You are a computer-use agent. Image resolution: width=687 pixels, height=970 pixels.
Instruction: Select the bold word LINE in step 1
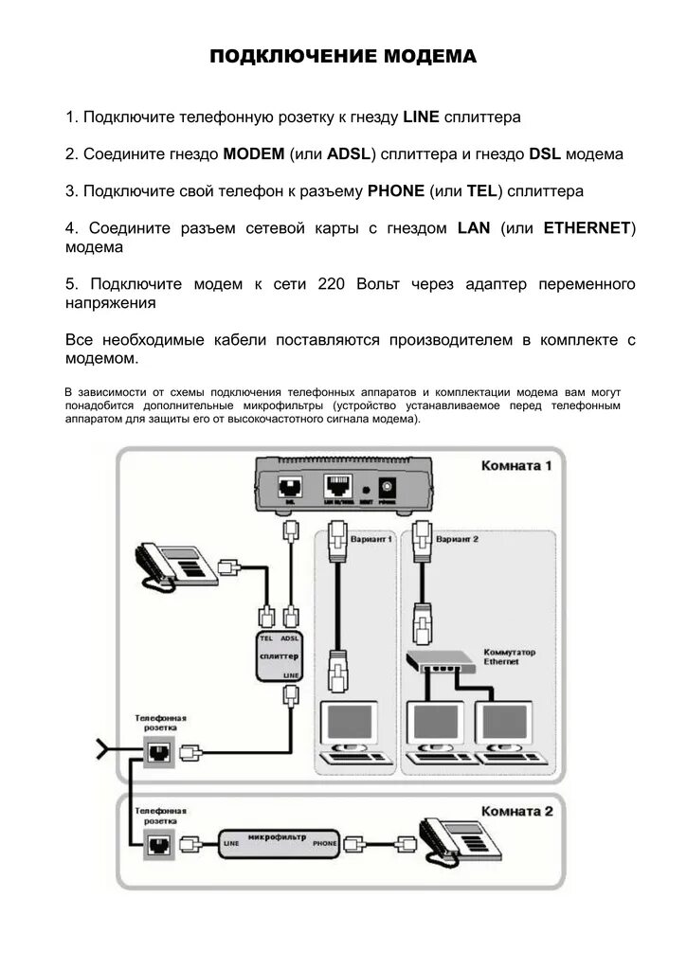(x=421, y=117)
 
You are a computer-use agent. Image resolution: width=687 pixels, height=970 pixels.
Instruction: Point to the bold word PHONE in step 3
(x=395, y=190)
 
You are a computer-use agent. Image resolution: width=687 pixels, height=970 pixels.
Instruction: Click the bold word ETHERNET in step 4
(x=587, y=228)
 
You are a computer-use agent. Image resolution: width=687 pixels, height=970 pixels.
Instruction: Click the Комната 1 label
(x=515, y=466)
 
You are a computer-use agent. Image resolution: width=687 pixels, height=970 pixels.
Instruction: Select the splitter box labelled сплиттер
(x=279, y=656)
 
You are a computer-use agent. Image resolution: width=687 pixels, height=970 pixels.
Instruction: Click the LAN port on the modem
(x=336, y=489)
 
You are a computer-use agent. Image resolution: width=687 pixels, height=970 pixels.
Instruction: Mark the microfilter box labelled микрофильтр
(x=279, y=841)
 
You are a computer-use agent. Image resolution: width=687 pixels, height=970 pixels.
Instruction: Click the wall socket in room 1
(x=157, y=752)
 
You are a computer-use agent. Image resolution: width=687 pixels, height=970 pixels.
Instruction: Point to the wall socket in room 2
(x=157, y=842)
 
